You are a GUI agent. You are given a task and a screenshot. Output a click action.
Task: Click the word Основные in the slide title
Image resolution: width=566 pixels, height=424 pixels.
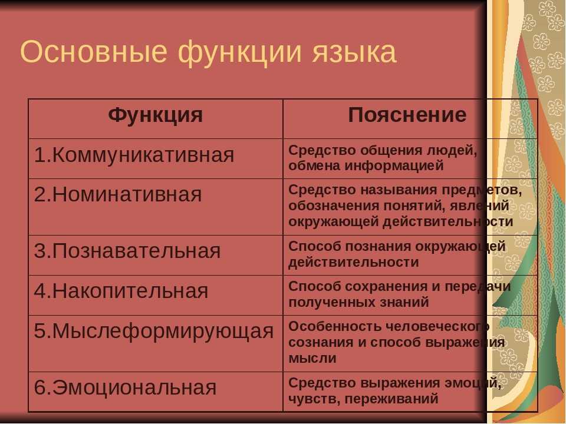[94, 51]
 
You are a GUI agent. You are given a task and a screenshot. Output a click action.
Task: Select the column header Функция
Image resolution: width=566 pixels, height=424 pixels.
[156, 115]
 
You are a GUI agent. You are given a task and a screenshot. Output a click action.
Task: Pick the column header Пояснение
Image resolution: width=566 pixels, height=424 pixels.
[407, 115]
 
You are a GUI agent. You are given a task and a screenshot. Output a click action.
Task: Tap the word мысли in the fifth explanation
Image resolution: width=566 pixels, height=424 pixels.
[312, 359]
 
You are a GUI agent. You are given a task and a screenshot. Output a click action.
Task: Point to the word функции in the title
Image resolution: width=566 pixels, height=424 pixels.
[240, 52]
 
